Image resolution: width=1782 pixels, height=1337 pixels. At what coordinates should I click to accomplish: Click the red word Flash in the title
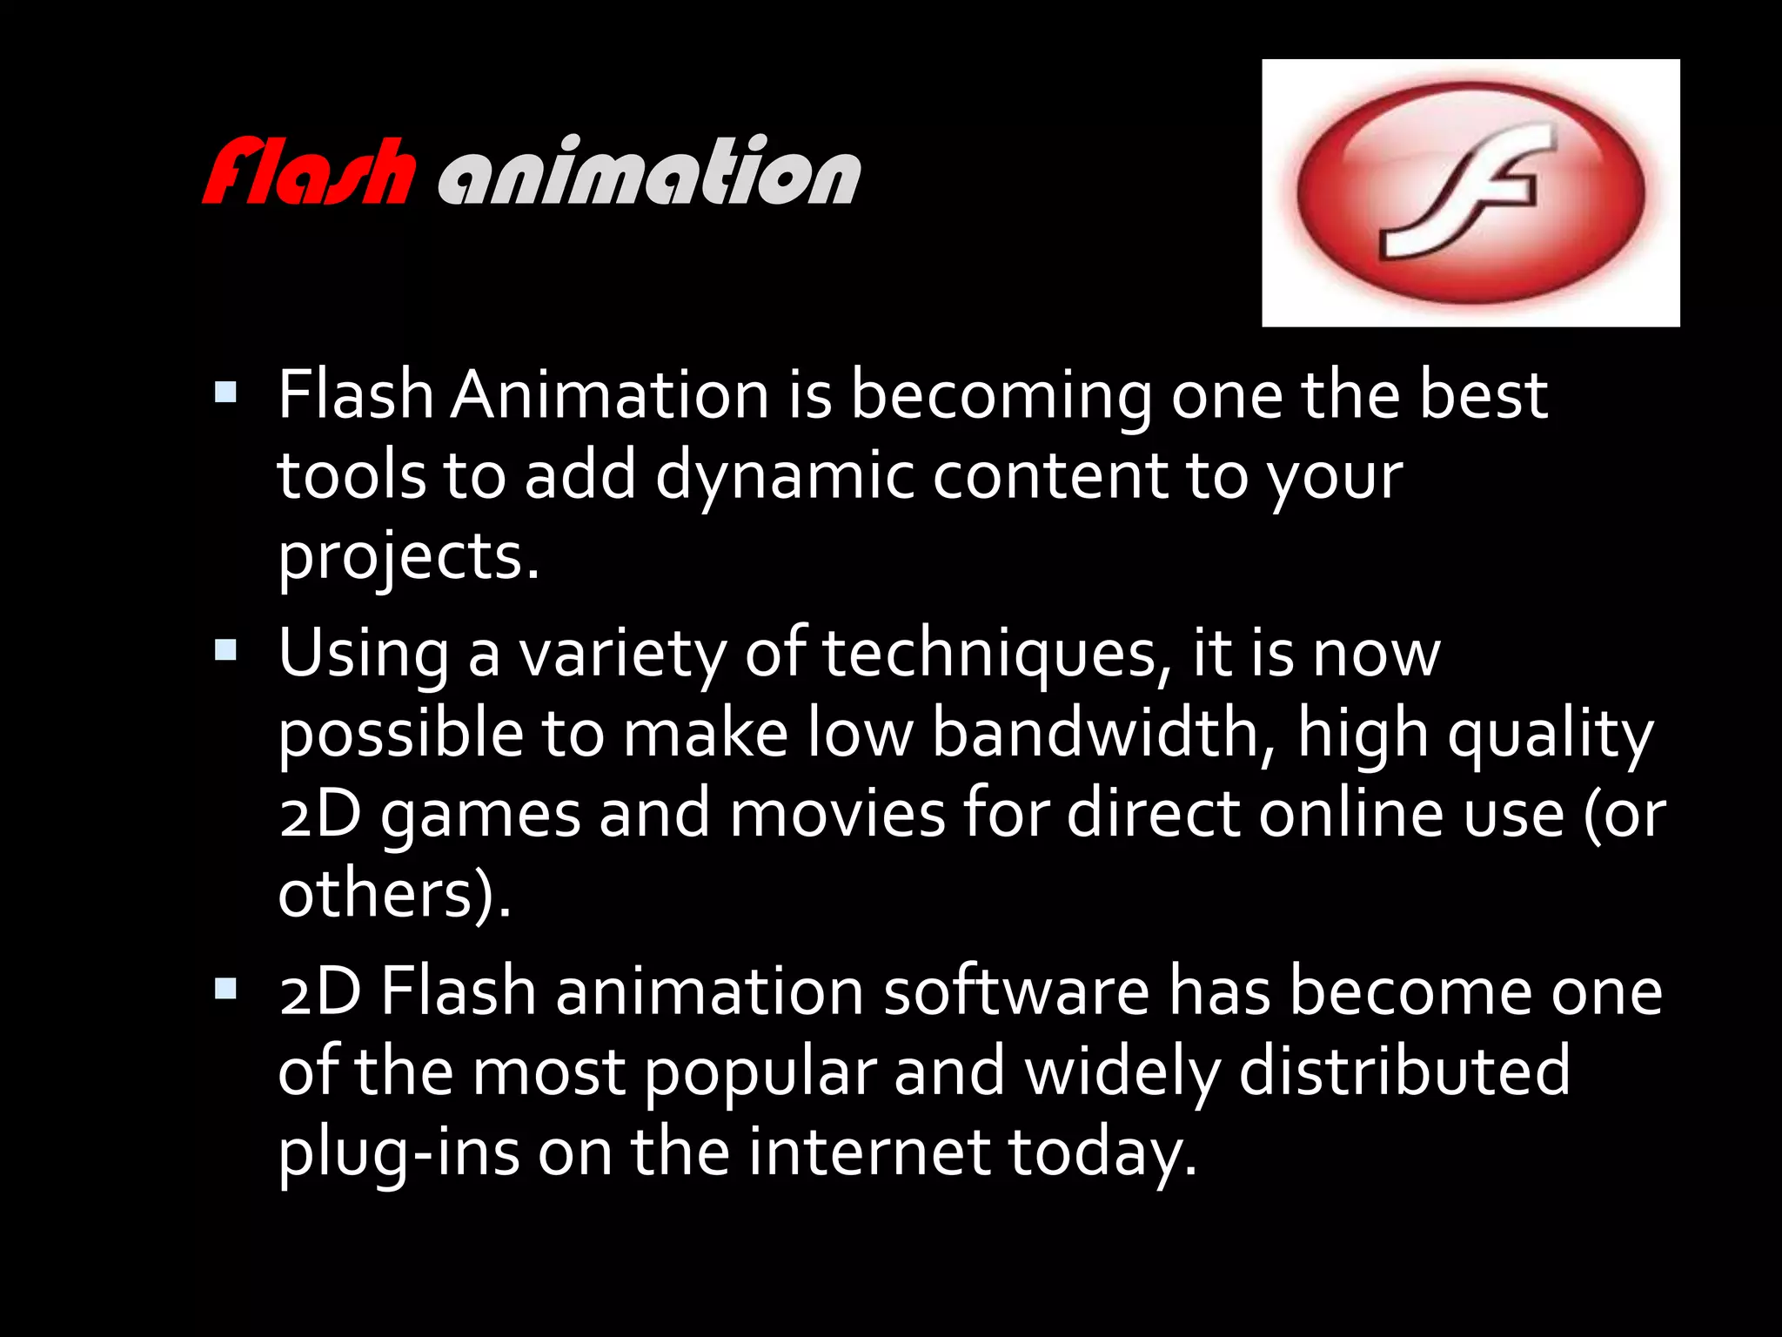pos(307,171)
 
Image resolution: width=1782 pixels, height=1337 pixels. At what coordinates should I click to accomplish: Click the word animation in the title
pos(649,171)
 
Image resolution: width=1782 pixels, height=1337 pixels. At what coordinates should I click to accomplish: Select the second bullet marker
pos(225,650)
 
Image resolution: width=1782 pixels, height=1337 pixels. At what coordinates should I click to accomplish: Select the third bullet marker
pos(225,988)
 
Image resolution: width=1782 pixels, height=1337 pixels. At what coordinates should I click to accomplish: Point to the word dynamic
pos(784,477)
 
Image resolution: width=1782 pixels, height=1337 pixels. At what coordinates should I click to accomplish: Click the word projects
pos(407,557)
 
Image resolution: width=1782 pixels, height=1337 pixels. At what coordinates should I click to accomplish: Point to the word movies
pos(836,813)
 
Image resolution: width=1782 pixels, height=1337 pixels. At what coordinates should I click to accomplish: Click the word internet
pos(869,1151)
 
